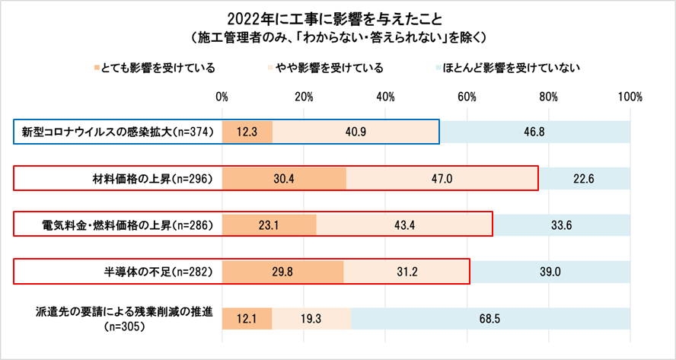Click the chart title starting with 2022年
click(337, 17)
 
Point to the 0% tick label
click(222, 97)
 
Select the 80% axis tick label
click(548, 97)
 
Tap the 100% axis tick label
click(630, 97)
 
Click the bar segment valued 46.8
click(535, 132)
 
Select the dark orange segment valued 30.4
click(284, 179)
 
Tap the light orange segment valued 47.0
click(442, 179)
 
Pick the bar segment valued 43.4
click(404, 225)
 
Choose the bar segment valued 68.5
click(490, 319)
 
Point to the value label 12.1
click(247, 319)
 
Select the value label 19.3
click(311, 319)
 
